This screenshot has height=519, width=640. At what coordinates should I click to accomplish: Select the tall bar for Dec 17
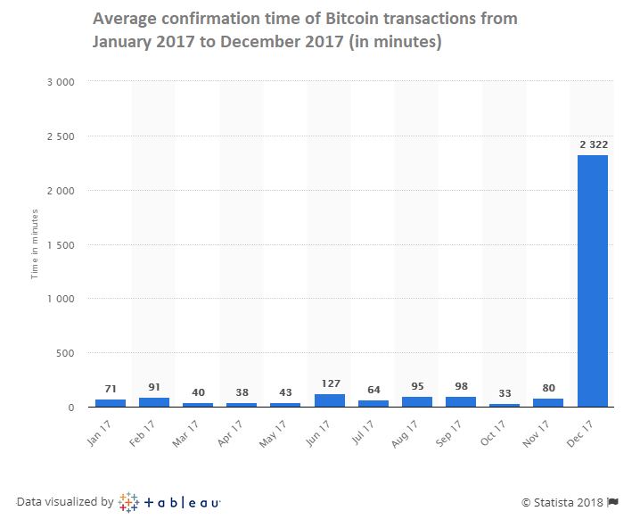(592, 281)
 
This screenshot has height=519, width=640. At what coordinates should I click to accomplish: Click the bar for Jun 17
(330, 400)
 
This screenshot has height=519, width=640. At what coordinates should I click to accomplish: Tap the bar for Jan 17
(111, 403)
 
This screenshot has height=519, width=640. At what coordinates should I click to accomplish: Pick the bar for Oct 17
(505, 406)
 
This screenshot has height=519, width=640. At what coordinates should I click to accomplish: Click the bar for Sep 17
(461, 402)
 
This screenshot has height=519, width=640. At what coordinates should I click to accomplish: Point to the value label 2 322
(594, 144)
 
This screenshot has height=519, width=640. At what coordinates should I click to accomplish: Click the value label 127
(331, 383)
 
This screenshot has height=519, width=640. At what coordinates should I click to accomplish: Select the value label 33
(505, 393)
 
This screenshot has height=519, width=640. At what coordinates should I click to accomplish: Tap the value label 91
(154, 387)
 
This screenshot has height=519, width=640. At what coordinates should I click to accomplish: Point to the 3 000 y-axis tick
(61, 82)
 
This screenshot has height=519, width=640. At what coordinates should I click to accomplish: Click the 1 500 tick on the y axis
(61, 245)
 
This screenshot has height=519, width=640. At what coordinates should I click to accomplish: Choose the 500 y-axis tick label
(65, 353)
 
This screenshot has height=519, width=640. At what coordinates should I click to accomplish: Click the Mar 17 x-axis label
(185, 433)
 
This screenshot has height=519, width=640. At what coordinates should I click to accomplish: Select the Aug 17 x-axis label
(405, 433)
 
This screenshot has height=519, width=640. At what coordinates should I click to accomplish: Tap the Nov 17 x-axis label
(536, 433)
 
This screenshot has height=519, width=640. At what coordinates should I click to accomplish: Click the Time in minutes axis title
(35, 244)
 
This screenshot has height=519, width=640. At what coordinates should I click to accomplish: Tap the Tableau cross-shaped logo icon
(128, 502)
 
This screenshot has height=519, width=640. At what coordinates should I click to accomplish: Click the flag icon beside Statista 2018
(612, 502)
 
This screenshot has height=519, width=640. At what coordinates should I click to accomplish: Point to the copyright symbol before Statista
(526, 503)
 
